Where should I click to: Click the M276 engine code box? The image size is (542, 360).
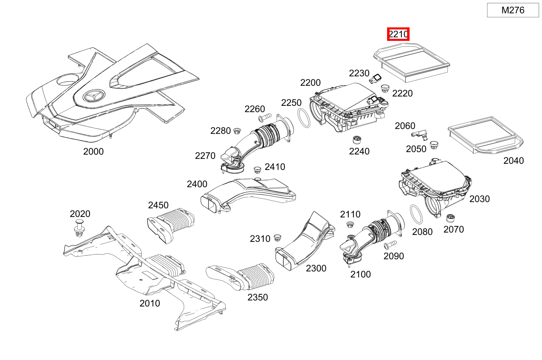(x=513, y=10)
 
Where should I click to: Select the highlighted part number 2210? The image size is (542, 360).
(x=398, y=34)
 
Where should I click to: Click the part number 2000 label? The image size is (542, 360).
(x=93, y=152)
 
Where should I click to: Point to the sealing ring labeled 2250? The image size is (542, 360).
(x=303, y=118)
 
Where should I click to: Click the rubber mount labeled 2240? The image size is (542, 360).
(x=357, y=139)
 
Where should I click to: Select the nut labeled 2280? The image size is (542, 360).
(x=237, y=131)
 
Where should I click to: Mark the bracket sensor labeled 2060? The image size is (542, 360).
(x=421, y=133)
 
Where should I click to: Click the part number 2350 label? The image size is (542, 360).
(x=258, y=297)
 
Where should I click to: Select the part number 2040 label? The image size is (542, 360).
(x=513, y=161)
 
